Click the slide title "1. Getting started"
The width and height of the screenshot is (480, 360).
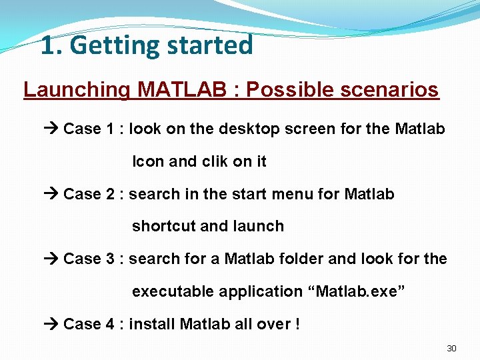coord(147,46)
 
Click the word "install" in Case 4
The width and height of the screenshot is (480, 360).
coord(152,325)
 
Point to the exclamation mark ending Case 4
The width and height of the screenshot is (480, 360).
coord(297,325)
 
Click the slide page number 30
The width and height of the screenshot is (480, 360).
coord(451,349)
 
